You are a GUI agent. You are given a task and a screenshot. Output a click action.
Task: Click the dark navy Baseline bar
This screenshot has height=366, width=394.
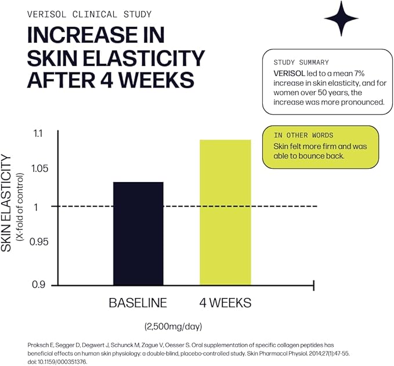tap(138, 233)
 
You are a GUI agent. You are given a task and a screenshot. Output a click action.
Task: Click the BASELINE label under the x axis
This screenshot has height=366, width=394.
tap(138, 303)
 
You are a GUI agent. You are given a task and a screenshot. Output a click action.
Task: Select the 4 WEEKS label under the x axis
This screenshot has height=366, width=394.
tap(225, 303)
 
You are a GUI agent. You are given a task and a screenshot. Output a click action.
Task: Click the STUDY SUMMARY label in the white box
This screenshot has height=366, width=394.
tap(301, 62)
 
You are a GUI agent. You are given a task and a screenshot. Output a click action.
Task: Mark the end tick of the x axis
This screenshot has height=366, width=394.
tap(313, 285)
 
